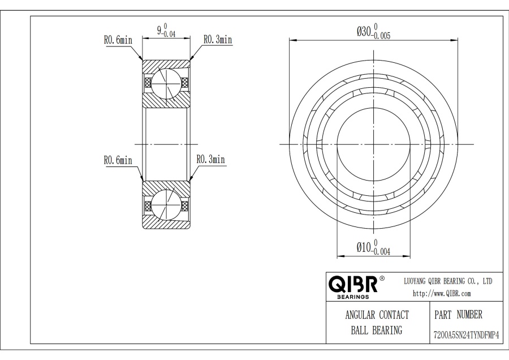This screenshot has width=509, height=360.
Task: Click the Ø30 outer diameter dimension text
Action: (373, 32)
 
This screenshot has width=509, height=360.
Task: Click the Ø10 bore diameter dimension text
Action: (373, 247)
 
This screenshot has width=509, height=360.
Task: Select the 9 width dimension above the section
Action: (166, 30)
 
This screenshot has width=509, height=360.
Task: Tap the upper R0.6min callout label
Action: (118, 40)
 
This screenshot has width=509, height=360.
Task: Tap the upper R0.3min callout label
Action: (218, 40)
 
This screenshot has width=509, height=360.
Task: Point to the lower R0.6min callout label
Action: (118, 160)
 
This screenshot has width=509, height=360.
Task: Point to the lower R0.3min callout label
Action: (211, 159)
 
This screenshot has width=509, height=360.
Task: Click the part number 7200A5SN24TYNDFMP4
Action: (466, 335)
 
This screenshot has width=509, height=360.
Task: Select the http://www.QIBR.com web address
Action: (442, 294)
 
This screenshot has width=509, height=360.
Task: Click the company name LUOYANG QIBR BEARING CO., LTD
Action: (448, 281)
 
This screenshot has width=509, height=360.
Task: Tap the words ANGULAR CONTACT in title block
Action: (377, 315)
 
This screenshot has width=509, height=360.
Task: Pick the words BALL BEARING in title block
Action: (377, 331)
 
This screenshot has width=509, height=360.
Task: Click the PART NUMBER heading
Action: (458, 315)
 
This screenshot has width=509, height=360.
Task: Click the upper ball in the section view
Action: (166, 84)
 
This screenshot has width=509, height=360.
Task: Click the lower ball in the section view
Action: (166, 204)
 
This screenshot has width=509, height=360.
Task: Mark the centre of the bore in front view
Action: (374, 144)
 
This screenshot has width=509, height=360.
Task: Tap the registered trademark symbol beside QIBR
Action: (382, 278)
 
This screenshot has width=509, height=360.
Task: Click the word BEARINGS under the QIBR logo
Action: (353, 297)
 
